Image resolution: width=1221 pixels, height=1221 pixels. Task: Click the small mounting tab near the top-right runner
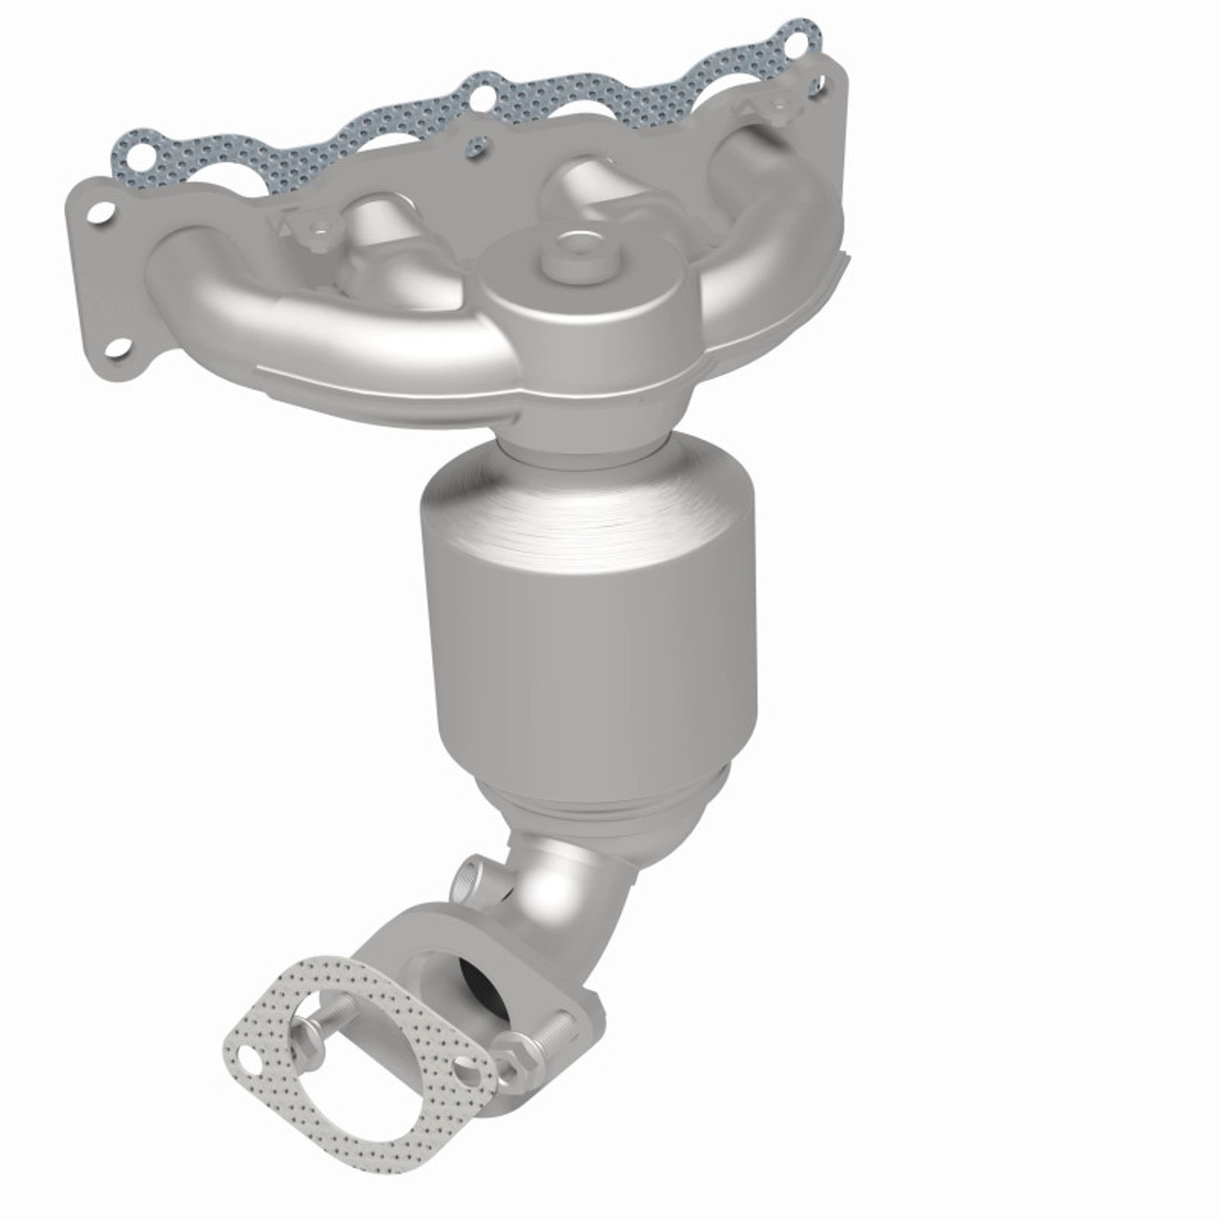(777, 105)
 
